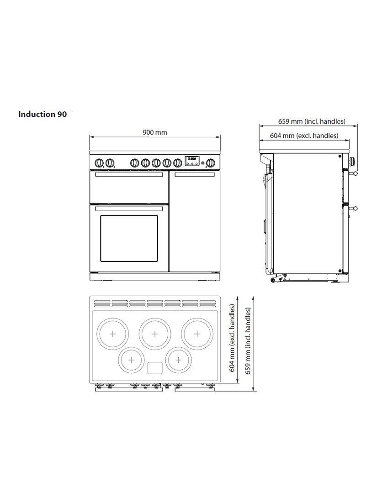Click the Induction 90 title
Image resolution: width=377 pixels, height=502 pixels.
point(42,114)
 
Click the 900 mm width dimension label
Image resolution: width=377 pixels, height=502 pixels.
point(155,132)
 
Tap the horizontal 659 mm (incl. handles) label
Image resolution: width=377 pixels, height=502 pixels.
point(312,121)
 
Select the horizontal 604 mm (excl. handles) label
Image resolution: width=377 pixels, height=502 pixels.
point(304,136)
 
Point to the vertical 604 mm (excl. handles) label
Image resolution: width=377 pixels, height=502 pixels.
point(233,338)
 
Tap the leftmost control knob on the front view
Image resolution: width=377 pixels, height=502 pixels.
point(100,163)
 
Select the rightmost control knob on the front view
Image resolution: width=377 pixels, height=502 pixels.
point(210,163)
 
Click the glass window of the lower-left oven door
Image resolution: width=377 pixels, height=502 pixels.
point(129,238)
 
